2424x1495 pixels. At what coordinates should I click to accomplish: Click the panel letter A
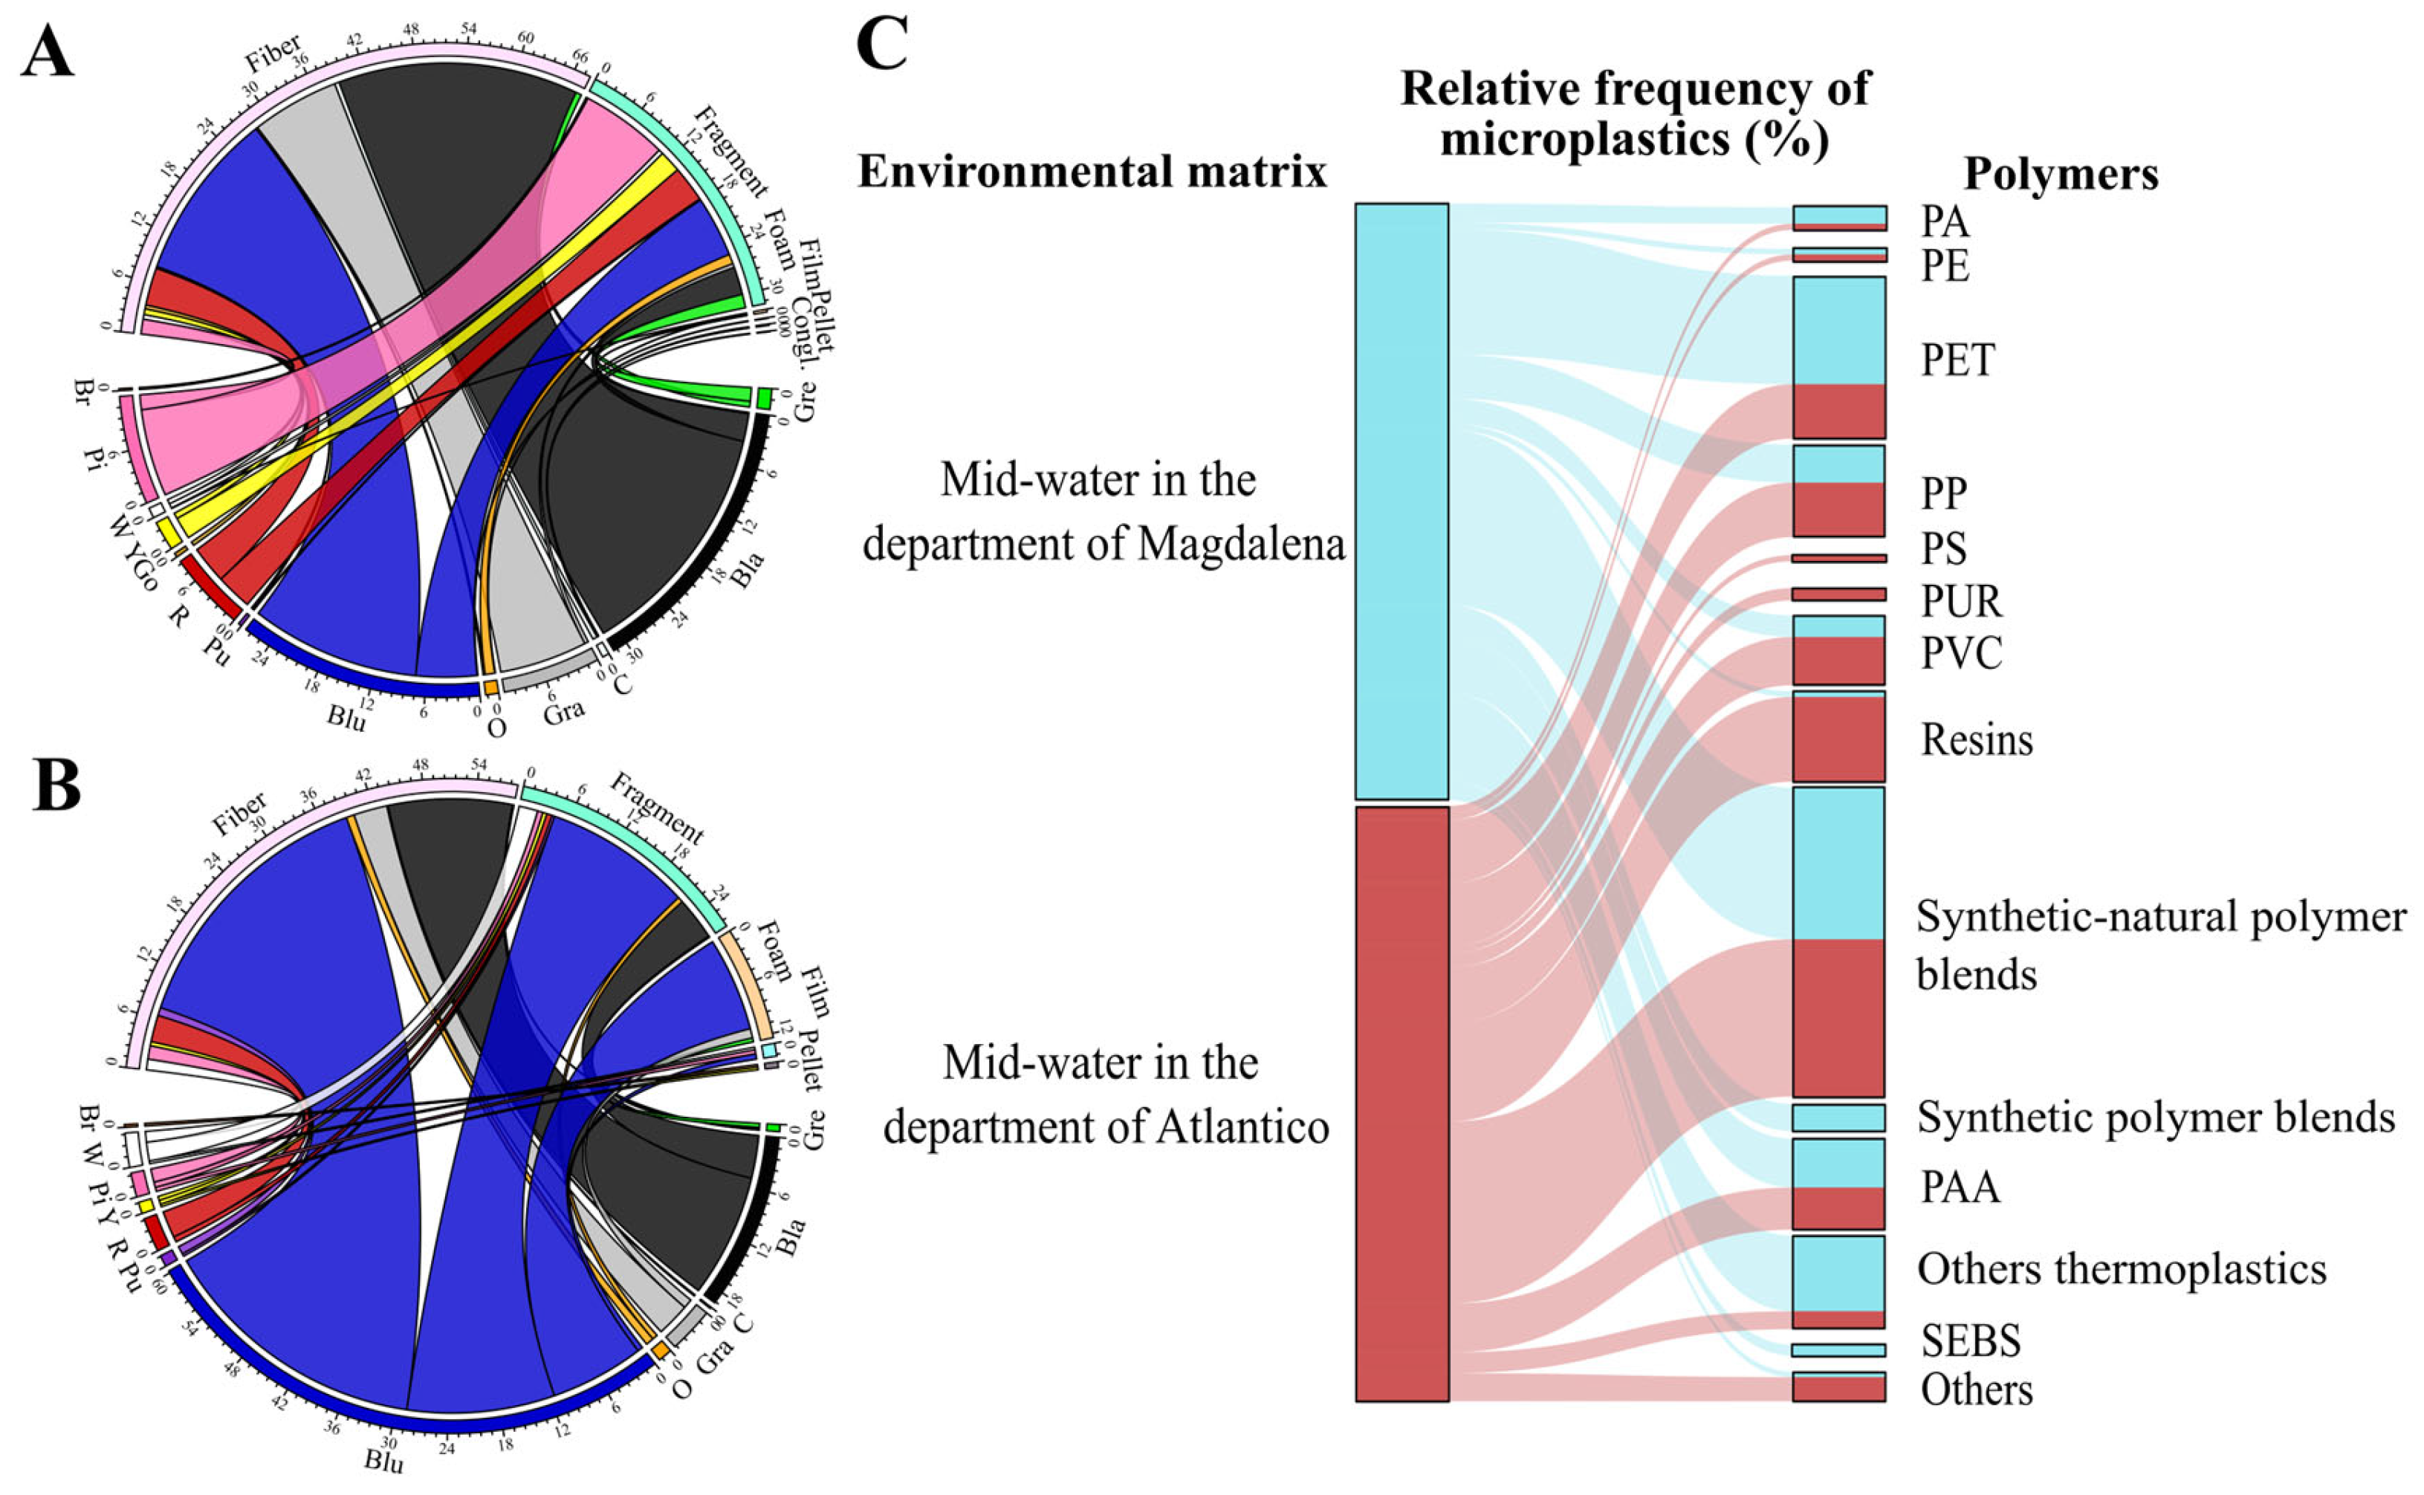point(48,51)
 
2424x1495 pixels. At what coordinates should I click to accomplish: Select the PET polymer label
point(1957,360)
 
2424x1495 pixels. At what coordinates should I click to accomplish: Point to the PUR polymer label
point(1961,600)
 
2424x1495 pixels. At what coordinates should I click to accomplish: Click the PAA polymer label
point(1960,1187)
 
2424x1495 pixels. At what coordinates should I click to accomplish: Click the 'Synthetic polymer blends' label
point(2155,1118)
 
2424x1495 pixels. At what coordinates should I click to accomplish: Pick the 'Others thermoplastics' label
point(2121,1268)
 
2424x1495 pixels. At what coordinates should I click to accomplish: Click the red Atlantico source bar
point(1401,1103)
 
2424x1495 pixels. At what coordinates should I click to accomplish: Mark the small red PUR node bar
point(1838,594)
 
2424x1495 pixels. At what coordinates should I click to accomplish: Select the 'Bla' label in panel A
point(748,571)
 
